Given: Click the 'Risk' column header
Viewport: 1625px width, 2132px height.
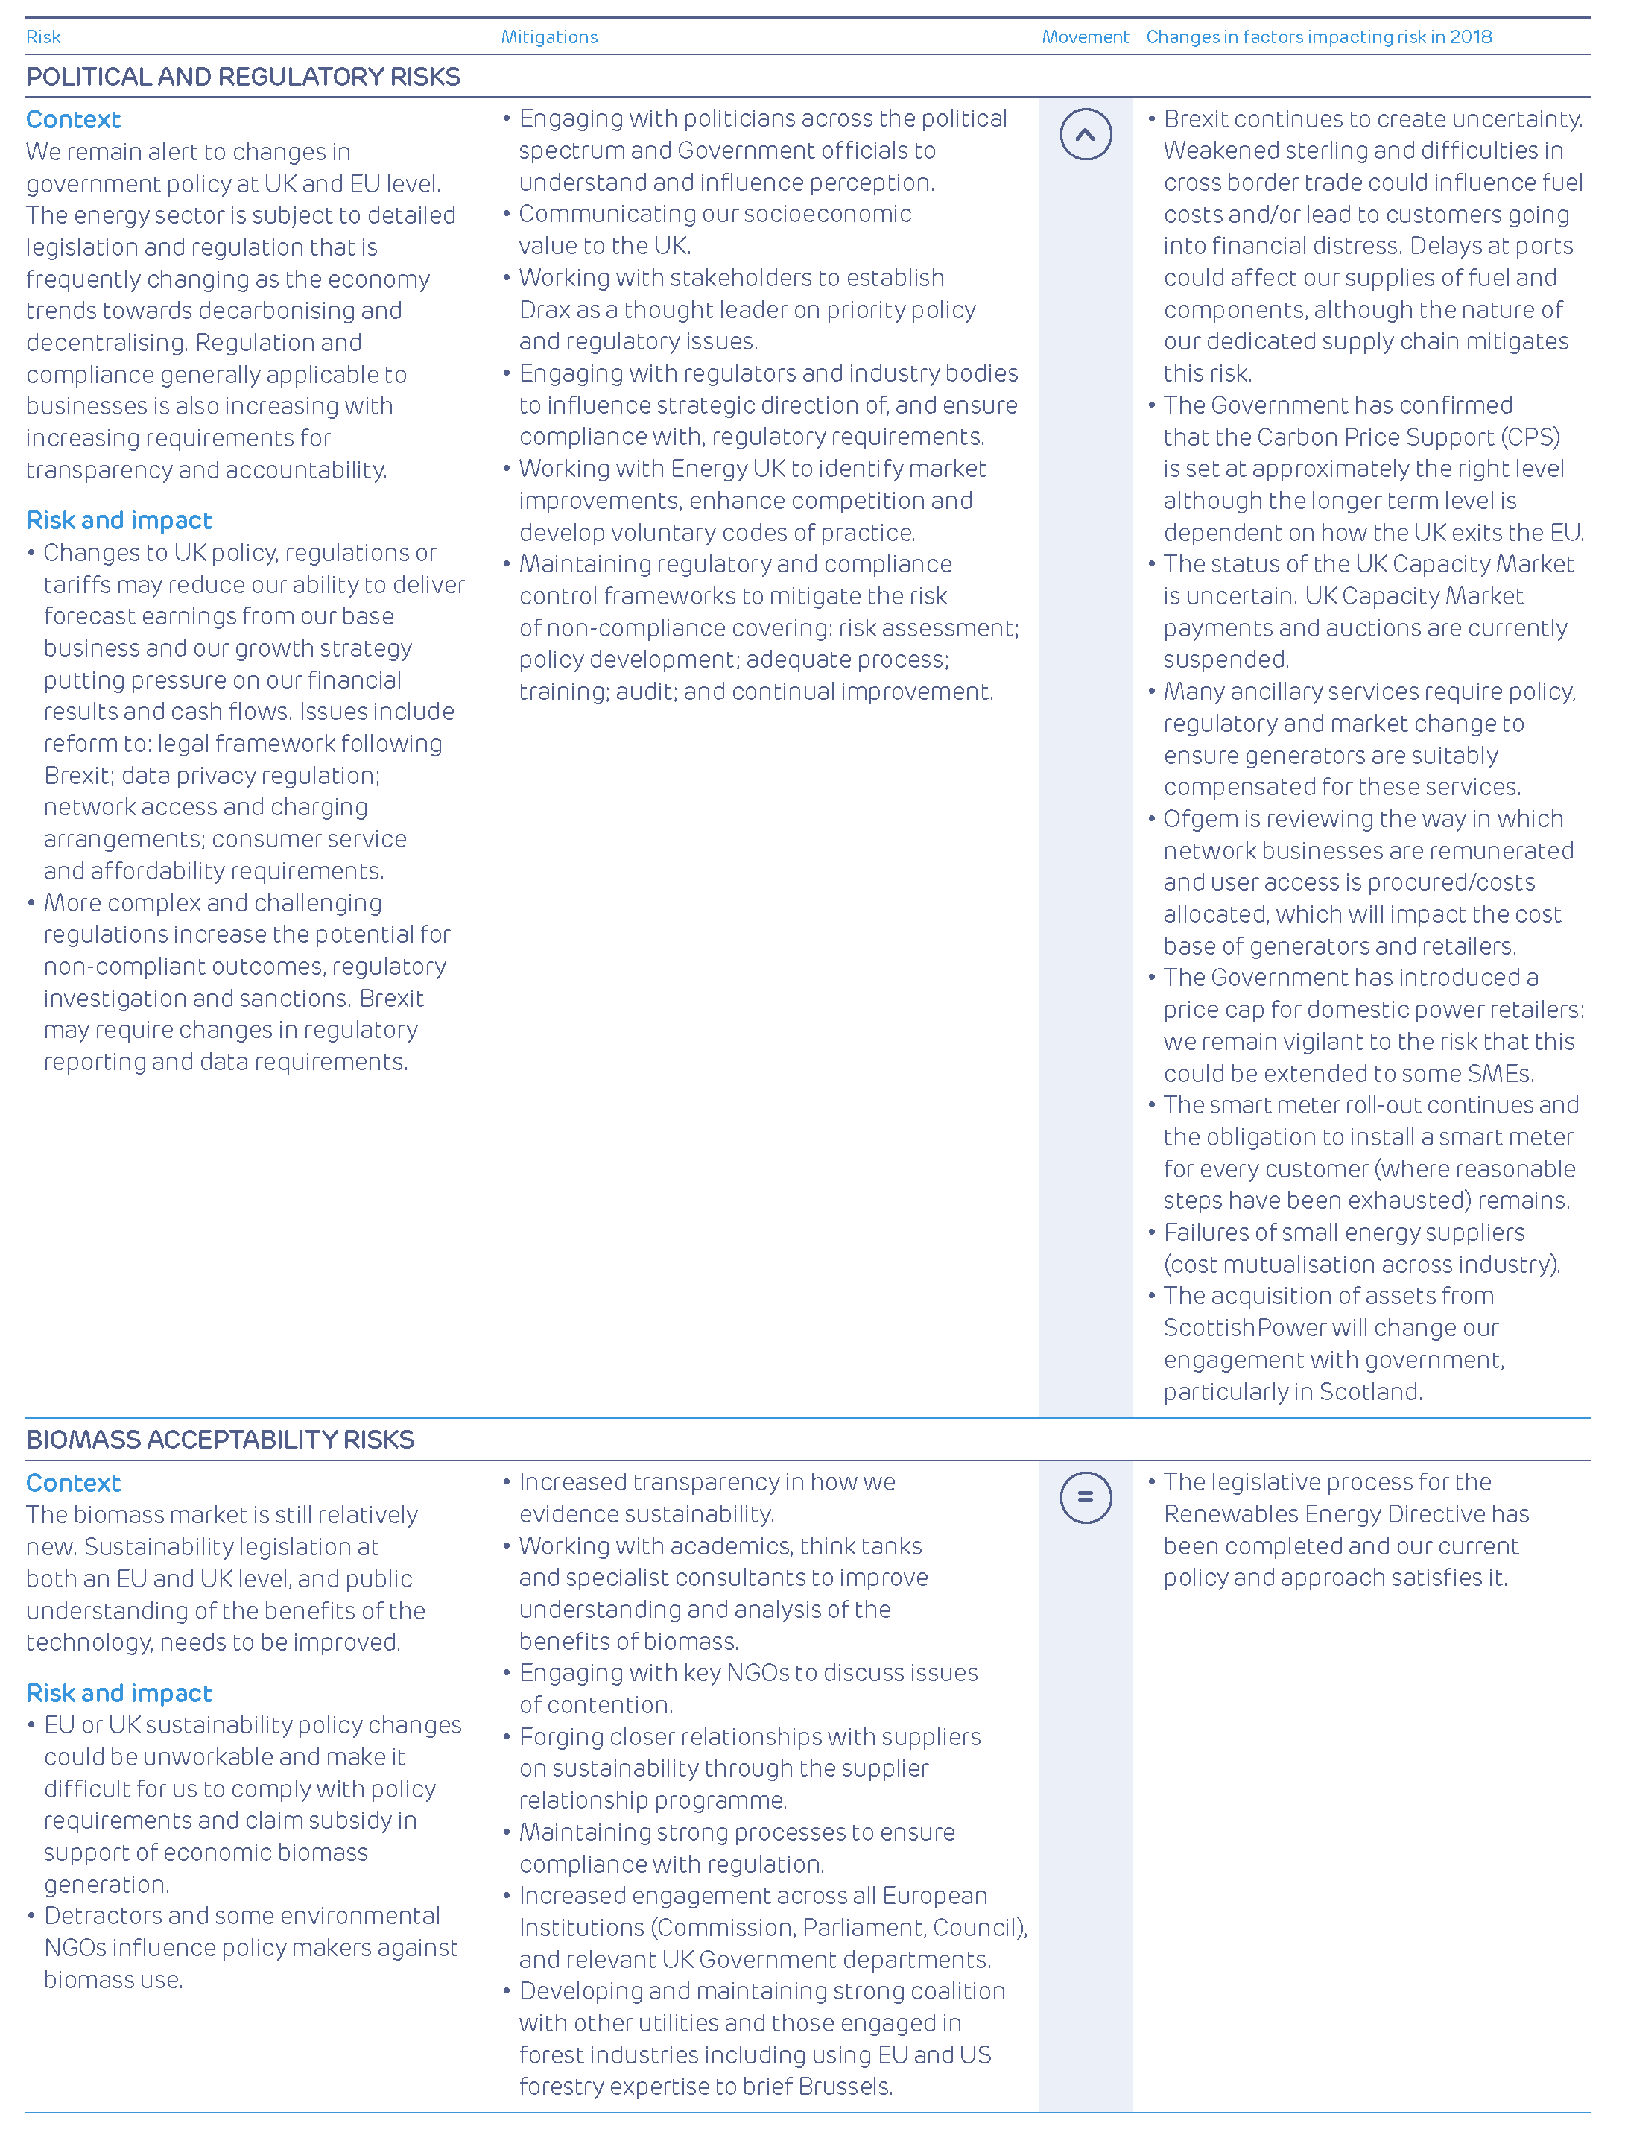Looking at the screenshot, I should (x=43, y=37).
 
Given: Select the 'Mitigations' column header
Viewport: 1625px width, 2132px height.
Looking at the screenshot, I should (x=548, y=37).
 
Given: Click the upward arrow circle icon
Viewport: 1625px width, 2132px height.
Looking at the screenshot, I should (x=1086, y=134).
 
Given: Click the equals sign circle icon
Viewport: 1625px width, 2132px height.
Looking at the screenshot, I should (x=1086, y=1496).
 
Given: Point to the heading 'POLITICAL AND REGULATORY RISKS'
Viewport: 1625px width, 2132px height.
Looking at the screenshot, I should (x=243, y=77).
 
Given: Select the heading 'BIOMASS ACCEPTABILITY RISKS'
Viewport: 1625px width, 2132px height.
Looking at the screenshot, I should (x=220, y=1440).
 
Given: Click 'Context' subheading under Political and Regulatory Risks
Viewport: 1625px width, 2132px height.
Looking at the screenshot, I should (x=74, y=119).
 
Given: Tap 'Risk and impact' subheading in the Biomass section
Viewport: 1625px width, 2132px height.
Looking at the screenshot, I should (x=119, y=1693).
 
